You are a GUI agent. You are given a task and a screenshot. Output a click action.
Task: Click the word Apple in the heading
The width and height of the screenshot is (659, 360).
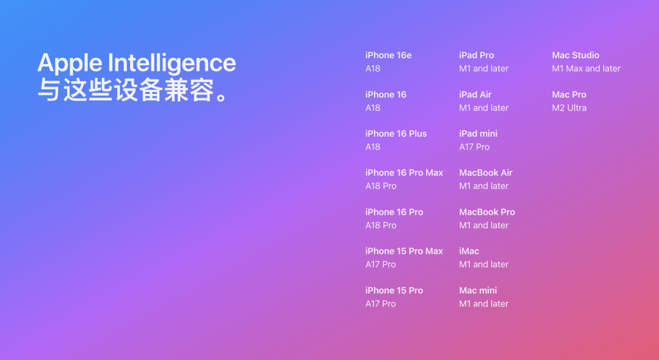tap(70, 63)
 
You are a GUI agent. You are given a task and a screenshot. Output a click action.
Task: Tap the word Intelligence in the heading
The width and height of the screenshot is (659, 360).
tap(172, 63)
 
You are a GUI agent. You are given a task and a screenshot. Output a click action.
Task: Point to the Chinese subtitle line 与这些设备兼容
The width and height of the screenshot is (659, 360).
tap(133, 90)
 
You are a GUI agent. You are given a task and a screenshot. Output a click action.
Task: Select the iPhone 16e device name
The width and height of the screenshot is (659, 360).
tap(388, 56)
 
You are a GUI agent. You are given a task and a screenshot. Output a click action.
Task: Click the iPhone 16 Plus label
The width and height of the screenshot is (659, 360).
tap(396, 134)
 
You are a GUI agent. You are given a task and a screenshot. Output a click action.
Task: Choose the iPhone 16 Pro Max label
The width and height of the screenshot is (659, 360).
tap(405, 173)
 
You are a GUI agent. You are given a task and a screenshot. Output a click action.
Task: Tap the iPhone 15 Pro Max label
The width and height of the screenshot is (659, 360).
tap(404, 251)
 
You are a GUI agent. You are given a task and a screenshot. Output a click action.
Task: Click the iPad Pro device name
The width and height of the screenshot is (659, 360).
tap(477, 56)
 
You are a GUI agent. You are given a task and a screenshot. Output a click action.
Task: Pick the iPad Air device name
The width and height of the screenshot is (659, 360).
tap(475, 95)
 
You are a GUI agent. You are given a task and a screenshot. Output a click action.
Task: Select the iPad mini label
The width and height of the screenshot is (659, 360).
tap(478, 134)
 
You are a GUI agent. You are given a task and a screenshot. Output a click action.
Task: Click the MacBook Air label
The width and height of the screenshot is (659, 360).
tap(486, 173)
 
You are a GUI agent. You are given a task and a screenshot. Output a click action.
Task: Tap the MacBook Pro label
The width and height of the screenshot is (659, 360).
tap(487, 212)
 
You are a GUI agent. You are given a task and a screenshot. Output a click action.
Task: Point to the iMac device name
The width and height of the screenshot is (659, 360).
tap(469, 251)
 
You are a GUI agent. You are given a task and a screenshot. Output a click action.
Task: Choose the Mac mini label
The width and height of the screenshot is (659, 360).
tap(478, 290)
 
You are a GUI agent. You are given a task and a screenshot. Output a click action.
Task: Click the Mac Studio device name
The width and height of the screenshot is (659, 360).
tap(576, 56)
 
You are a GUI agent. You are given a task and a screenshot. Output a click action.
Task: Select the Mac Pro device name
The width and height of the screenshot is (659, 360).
tap(569, 95)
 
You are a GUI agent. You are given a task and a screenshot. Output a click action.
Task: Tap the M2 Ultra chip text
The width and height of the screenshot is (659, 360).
tap(569, 108)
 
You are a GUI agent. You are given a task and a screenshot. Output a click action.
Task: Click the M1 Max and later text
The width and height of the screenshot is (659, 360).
tap(586, 68)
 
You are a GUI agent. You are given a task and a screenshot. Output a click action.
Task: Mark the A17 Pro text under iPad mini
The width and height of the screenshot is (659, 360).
tap(475, 147)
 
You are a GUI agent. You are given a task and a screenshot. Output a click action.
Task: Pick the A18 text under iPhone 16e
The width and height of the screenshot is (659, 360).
tap(373, 68)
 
